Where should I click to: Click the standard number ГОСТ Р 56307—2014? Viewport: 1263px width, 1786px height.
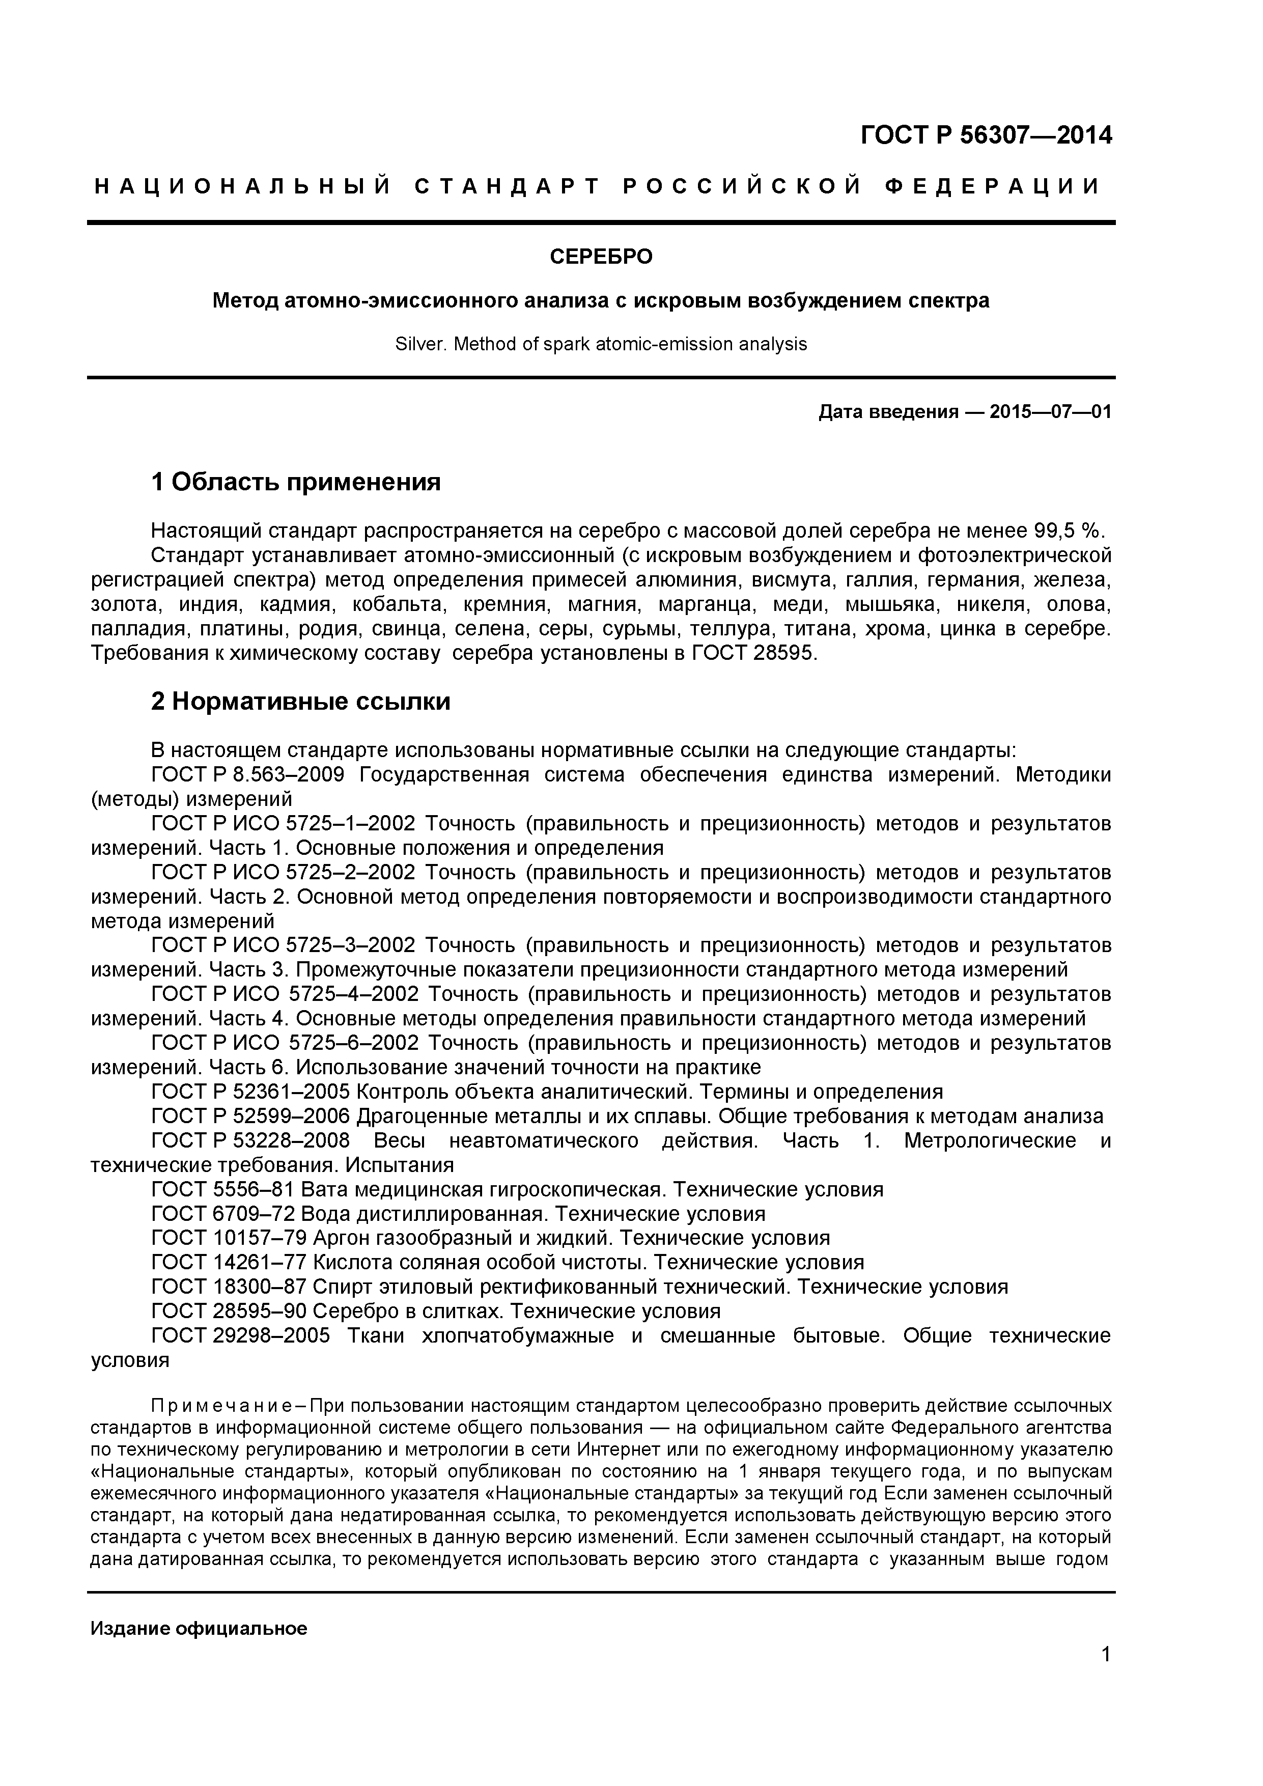click(x=986, y=136)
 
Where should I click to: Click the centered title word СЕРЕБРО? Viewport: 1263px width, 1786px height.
click(x=601, y=257)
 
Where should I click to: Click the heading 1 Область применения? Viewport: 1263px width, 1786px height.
click(x=296, y=482)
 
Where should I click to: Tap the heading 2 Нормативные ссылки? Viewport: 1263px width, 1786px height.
click(x=300, y=702)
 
